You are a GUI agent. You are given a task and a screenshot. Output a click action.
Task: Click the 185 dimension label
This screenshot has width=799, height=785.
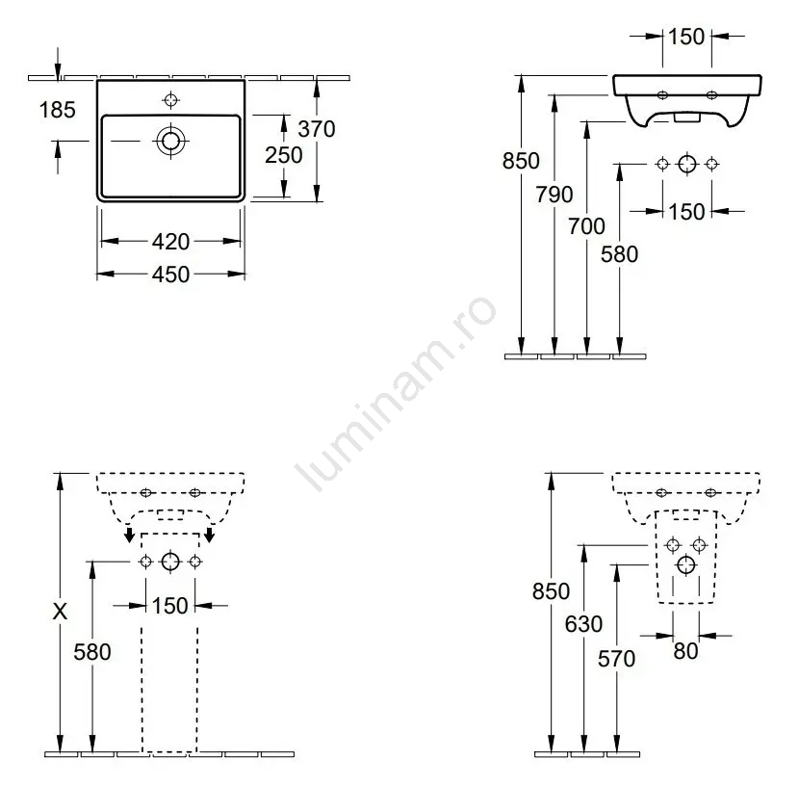57,110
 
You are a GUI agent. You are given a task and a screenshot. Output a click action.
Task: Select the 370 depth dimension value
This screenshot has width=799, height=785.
317,129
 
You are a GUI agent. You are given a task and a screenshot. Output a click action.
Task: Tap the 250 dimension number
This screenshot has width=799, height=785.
284,155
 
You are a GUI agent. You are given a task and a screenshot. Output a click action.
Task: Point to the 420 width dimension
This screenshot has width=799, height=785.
170,241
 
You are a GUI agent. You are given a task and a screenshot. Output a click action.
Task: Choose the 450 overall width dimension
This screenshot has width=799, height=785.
170,275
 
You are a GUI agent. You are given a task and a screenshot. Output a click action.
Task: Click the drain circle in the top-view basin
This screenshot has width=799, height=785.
170,141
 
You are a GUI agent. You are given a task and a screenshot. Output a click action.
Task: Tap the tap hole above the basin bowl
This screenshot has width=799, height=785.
170,99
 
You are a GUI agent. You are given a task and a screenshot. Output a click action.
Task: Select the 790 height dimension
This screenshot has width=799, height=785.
554,195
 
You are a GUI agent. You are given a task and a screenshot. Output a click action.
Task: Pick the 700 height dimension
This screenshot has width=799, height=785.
586,226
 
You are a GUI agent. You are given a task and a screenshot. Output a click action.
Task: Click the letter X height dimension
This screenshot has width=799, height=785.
60,611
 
